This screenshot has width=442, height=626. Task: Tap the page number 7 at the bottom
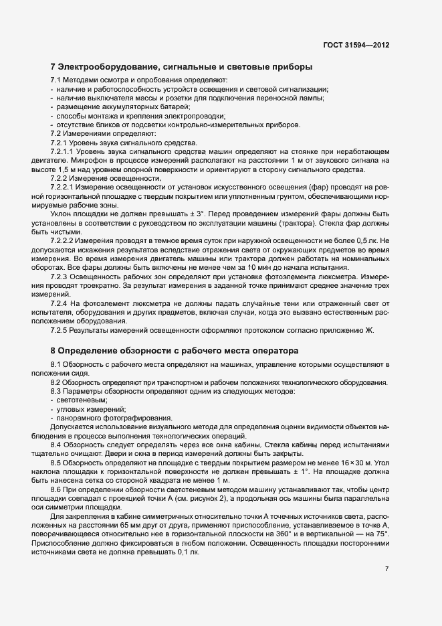[x=387, y=568]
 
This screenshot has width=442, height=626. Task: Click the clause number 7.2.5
[x=62, y=329]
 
